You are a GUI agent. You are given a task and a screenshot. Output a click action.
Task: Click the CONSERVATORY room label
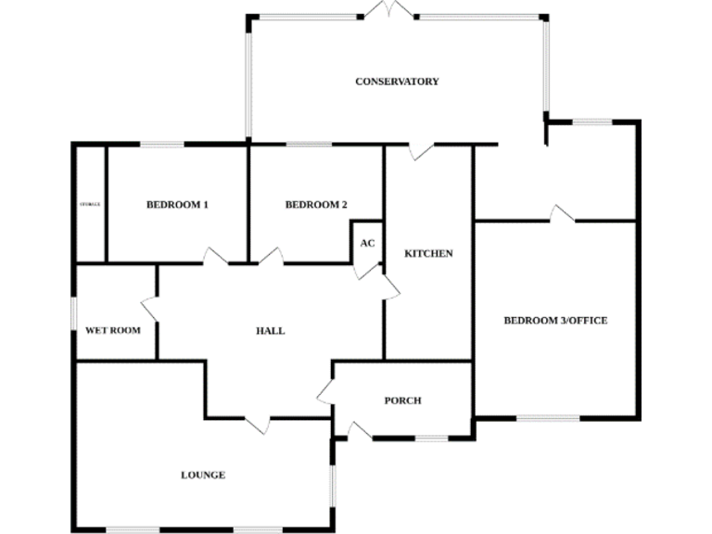pyautogui.click(x=397, y=82)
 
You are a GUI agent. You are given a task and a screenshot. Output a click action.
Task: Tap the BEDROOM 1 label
pyautogui.click(x=177, y=205)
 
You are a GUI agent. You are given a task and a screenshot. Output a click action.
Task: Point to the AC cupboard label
pyautogui.click(x=367, y=244)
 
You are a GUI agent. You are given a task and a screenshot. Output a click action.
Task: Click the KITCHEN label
pyautogui.click(x=428, y=253)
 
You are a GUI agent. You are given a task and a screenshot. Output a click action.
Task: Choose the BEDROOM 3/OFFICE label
pyautogui.click(x=555, y=321)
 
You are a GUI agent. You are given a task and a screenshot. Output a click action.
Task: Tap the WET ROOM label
pyautogui.click(x=113, y=330)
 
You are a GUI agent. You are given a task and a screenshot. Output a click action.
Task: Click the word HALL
pyautogui.click(x=270, y=331)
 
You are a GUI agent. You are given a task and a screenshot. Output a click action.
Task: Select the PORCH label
pyautogui.click(x=402, y=400)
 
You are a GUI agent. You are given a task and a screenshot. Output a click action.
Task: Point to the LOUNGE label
pyautogui.click(x=202, y=475)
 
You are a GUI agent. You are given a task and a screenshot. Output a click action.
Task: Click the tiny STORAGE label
pyautogui.click(x=90, y=204)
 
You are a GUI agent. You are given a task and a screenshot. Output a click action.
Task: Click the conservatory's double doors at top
pyautogui.click(x=388, y=11)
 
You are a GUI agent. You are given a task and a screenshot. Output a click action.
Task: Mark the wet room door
pyautogui.click(x=149, y=310)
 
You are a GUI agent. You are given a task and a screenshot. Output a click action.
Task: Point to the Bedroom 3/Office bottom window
pyautogui.click(x=547, y=418)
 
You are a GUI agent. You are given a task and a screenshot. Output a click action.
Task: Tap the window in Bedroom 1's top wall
pyautogui.click(x=162, y=144)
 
